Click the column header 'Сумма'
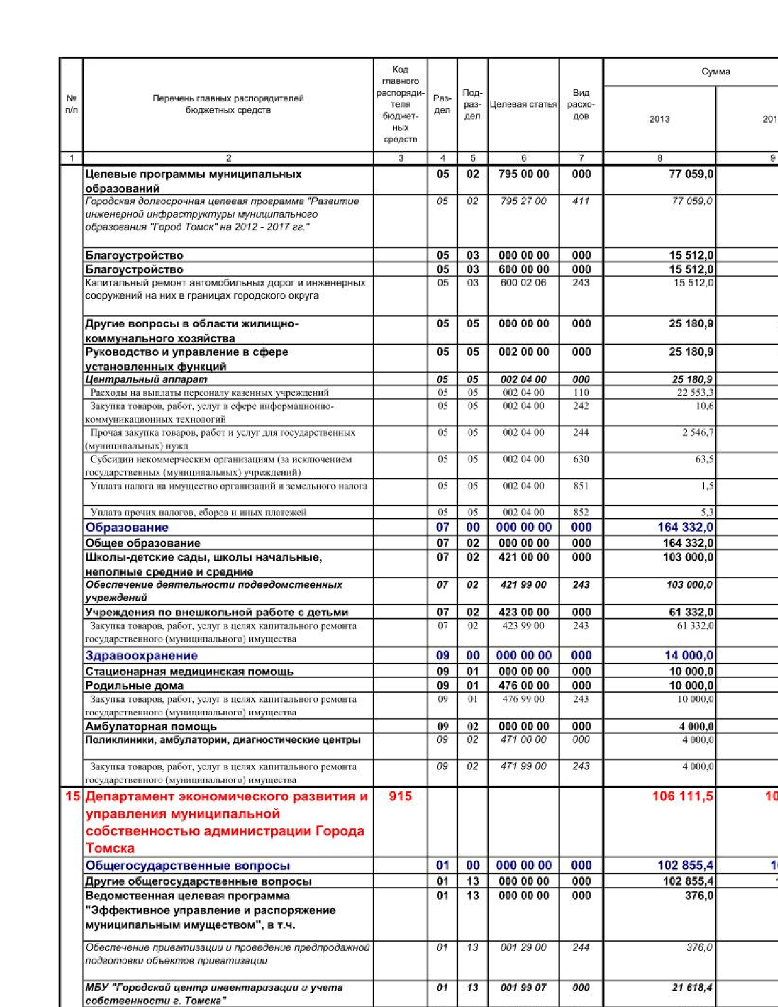click(715, 71)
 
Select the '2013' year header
click(659, 119)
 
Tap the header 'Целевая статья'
click(523, 104)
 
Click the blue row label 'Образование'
click(127, 527)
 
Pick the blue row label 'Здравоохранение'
click(142, 655)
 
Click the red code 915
click(400, 796)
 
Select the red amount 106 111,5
click(682, 796)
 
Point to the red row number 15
click(73, 796)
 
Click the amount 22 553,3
click(695, 392)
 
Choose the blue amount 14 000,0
click(688, 655)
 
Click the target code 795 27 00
click(523, 201)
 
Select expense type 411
click(581, 201)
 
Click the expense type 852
click(581, 512)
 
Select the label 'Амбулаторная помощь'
click(151, 726)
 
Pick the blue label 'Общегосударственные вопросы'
click(188, 865)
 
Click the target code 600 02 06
click(523, 283)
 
